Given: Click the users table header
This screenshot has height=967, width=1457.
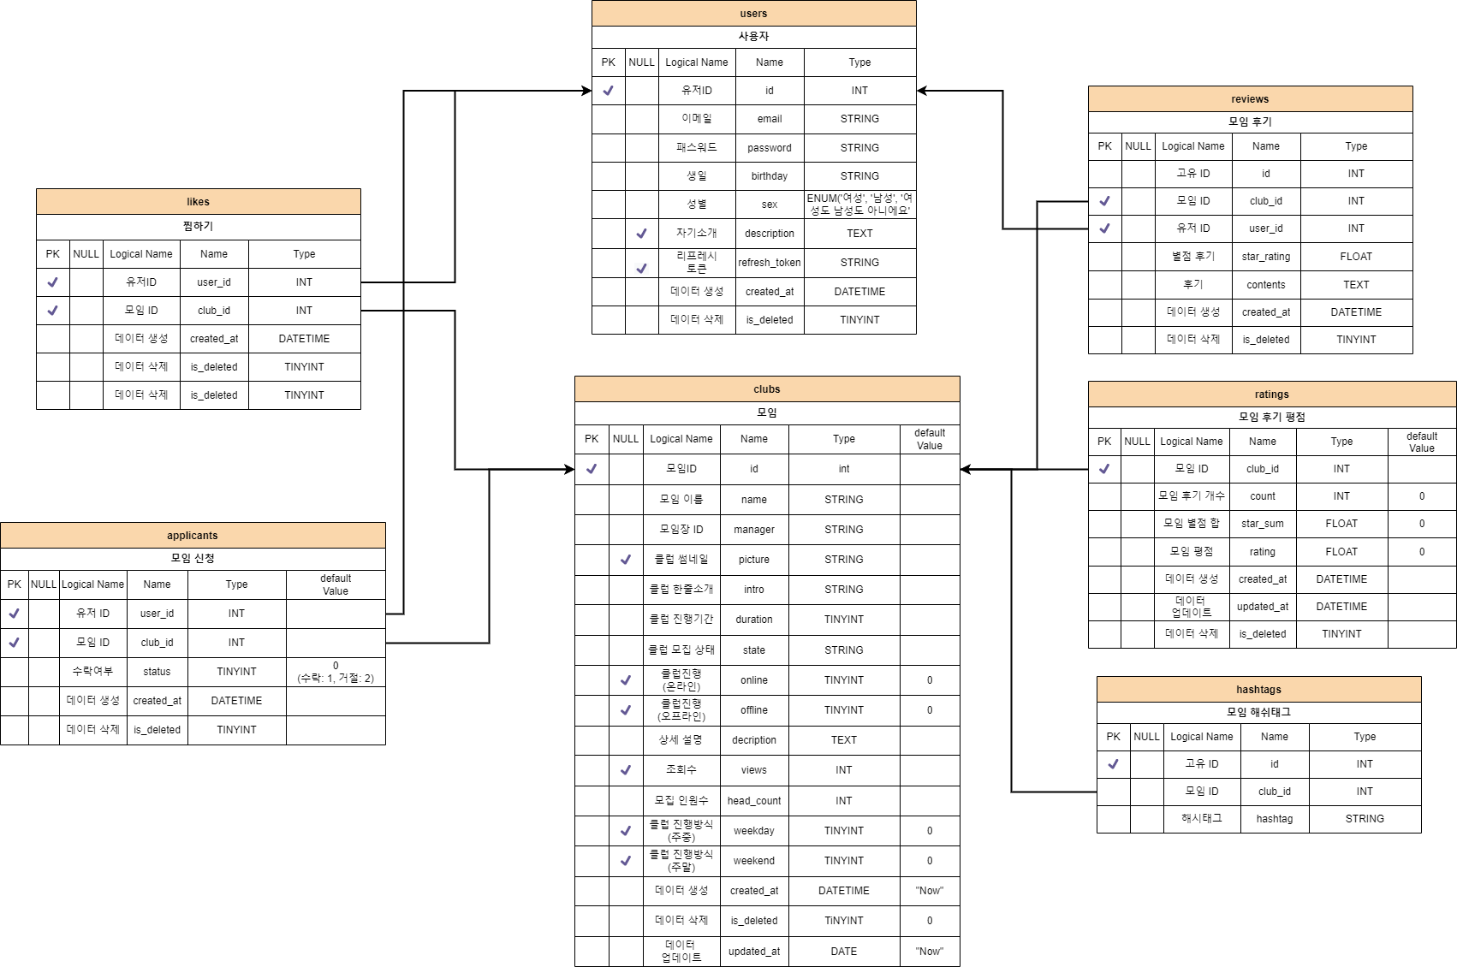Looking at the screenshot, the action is tap(753, 14).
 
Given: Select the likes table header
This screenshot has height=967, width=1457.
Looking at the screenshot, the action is tap(198, 202).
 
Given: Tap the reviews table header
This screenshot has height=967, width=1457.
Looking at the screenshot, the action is tap(1250, 99).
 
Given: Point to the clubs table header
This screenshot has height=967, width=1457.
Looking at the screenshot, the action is tap(766, 389).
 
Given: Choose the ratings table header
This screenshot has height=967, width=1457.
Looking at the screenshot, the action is tap(1271, 395).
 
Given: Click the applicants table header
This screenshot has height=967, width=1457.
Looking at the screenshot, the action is tap(193, 536).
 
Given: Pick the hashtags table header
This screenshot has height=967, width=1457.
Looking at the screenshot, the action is tap(1258, 690).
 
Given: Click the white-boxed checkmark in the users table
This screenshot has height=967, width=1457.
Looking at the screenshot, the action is tap(641, 269).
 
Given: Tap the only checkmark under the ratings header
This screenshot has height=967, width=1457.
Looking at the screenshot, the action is tap(1104, 469).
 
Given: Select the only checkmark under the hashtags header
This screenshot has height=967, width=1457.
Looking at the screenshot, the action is tap(1113, 764).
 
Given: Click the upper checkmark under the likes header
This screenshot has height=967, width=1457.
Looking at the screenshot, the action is tap(52, 282).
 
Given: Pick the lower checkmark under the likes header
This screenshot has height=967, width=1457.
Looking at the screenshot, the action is tap(52, 311).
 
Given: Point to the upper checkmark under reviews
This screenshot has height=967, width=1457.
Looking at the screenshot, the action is tap(1104, 201).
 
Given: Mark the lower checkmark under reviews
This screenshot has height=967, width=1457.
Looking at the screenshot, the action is tap(1104, 228).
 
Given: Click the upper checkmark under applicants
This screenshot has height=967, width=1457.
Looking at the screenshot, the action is tap(14, 614).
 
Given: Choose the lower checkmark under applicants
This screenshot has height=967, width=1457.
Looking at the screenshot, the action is tap(14, 643).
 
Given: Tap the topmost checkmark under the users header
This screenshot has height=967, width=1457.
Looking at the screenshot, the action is tap(608, 91).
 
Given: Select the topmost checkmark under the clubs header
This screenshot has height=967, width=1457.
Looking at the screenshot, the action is tap(591, 469).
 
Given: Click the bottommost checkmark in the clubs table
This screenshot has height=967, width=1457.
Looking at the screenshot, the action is tap(625, 861).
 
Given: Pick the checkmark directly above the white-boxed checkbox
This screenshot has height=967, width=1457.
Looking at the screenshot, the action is tap(641, 234).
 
